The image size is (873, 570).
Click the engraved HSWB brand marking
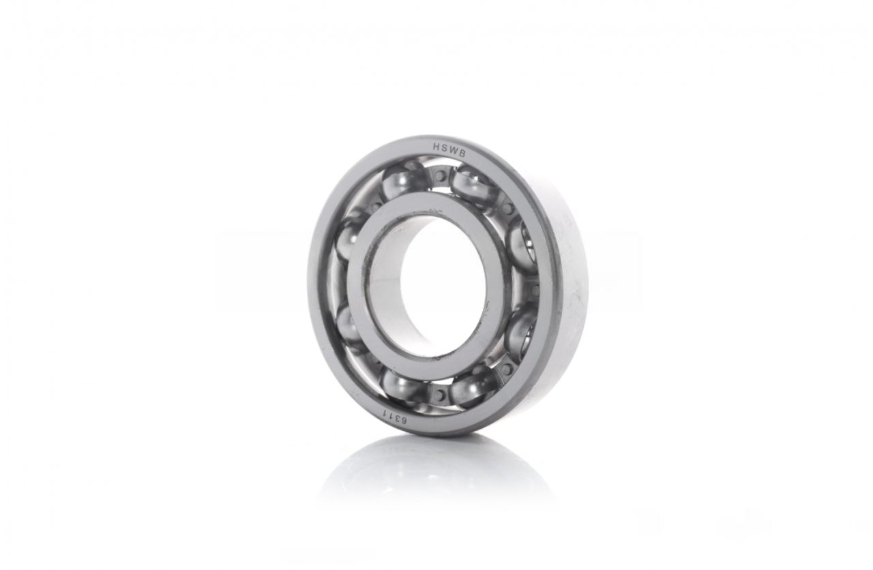(449, 150)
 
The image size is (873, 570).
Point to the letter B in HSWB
(462, 154)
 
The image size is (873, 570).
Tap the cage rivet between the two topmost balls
(441, 177)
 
